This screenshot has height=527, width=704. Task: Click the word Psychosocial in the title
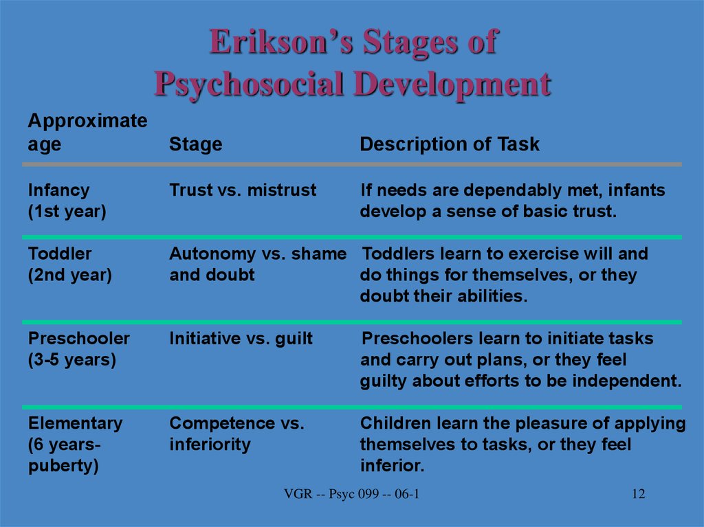tap(249, 85)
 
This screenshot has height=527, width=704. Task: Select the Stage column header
tap(196, 144)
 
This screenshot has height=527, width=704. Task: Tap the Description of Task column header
tap(450, 144)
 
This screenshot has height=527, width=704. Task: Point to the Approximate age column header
tap(87, 133)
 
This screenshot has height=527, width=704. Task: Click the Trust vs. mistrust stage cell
tap(243, 190)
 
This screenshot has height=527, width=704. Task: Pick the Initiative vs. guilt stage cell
tap(241, 338)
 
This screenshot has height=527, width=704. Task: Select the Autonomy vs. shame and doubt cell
tap(258, 264)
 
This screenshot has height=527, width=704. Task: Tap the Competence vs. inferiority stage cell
tap(236, 434)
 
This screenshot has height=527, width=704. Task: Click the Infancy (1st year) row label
tap(67, 201)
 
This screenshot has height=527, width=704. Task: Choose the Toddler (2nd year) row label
tap(69, 265)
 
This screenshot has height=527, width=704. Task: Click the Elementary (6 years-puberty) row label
tap(75, 445)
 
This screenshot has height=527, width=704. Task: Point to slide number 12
tap(639, 494)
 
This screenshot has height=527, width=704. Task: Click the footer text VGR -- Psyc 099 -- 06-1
tap(351, 494)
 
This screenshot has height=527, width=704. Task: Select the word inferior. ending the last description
tap(392, 465)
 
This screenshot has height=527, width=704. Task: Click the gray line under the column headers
tap(352, 165)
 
